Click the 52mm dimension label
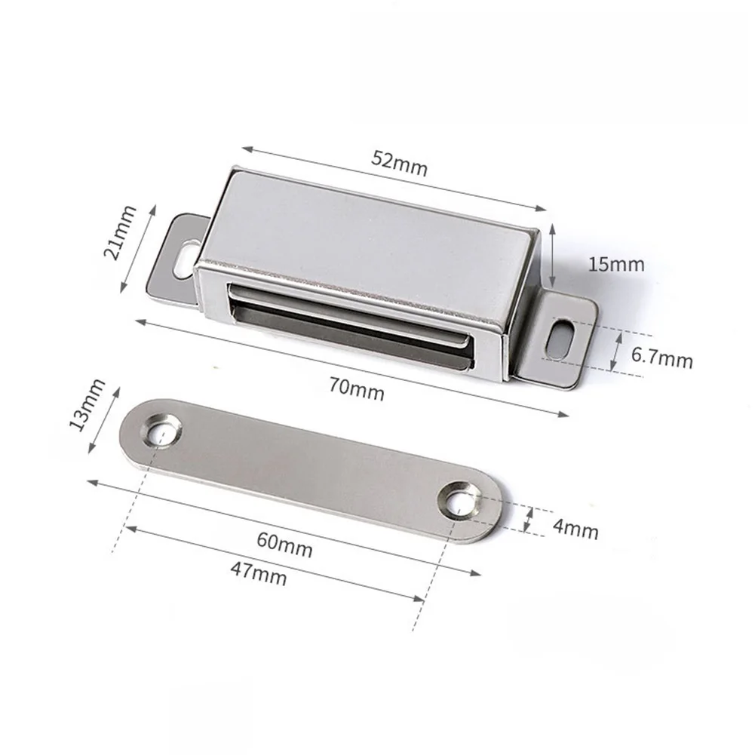point(400,163)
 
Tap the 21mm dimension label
point(121,232)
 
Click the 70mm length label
point(357,390)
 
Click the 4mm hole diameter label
point(575,529)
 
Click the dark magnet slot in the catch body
point(347,324)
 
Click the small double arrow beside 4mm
point(530,520)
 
